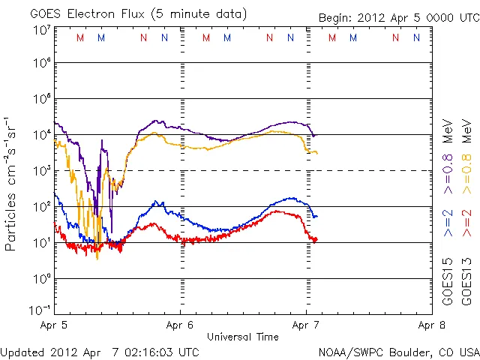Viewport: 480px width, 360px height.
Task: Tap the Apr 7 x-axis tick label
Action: (306, 326)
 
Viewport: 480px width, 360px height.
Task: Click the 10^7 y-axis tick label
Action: (41, 30)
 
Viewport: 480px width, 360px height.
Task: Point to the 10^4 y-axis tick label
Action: (41, 135)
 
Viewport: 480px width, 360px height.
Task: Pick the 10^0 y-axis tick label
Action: (41, 279)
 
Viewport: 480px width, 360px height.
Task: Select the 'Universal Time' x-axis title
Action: (243, 337)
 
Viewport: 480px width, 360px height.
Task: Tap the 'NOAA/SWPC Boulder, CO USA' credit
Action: (398, 352)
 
